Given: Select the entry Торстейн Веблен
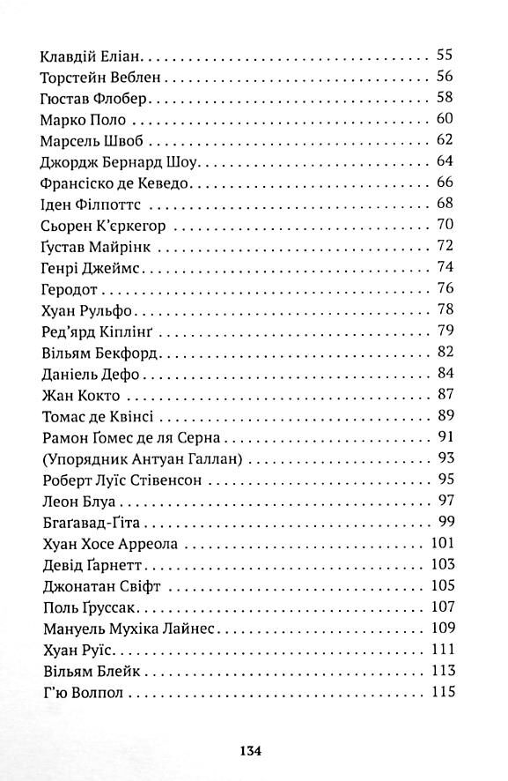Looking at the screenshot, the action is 99,76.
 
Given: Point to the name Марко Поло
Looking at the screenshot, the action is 84,119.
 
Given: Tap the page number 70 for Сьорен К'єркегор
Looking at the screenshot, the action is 444,225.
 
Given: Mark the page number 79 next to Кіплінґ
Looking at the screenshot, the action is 444,331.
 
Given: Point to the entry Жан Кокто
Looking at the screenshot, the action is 80,395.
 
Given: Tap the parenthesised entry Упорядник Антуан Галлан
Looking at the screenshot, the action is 141,459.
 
